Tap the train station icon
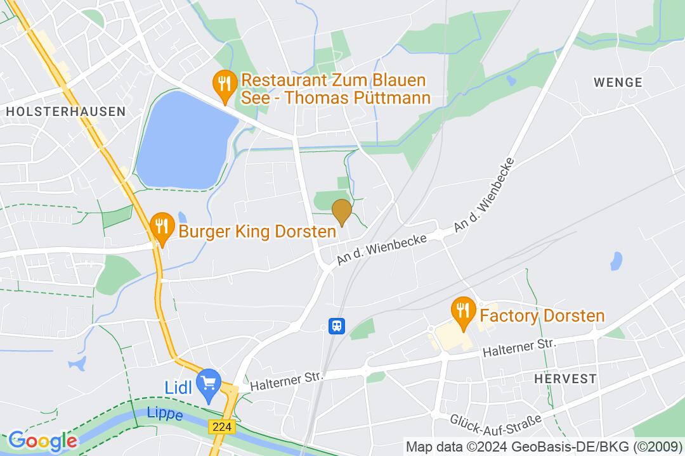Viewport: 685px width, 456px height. [x=336, y=326]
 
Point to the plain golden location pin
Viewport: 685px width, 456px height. [x=342, y=212]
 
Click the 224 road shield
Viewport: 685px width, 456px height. [x=221, y=427]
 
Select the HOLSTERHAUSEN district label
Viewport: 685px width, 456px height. [x=65, y=111]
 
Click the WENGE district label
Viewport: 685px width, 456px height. [x=618, y=82]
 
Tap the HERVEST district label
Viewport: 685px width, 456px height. [x=565, y=379]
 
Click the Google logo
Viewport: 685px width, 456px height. [x=42, y=441]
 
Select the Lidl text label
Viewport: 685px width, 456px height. [x=178, y=387]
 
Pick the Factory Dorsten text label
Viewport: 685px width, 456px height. [x=542, y=315]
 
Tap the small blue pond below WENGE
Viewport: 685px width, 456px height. [x=616, y=260]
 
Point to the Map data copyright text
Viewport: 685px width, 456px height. [x=544, y=445]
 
